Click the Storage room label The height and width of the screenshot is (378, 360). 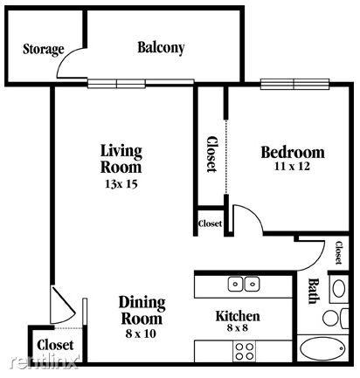[44, 50]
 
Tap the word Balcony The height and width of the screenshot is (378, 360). [161, 48]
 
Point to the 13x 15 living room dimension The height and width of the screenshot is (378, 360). [121, 184]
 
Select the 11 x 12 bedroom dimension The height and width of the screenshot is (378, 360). [292, 167]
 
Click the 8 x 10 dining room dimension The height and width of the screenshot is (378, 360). [141, 333]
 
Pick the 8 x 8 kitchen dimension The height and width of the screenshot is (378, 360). [237, 328]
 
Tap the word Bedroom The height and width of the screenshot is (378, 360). [293, 152]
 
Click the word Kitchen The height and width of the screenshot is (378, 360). [238, 316]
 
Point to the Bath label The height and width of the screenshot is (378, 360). [314, 292]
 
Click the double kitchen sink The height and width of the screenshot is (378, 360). [244, 285]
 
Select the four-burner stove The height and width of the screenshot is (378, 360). [244, 351]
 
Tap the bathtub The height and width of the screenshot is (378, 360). [322, 348]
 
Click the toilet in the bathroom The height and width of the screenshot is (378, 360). [335, 319]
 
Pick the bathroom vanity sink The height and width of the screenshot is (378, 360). [339, 288]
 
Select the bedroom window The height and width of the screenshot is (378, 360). [294, 84]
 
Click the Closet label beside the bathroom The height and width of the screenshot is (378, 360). [338, 252]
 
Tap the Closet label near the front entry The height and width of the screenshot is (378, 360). [55, 345]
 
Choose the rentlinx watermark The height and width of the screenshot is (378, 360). [45, 362]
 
